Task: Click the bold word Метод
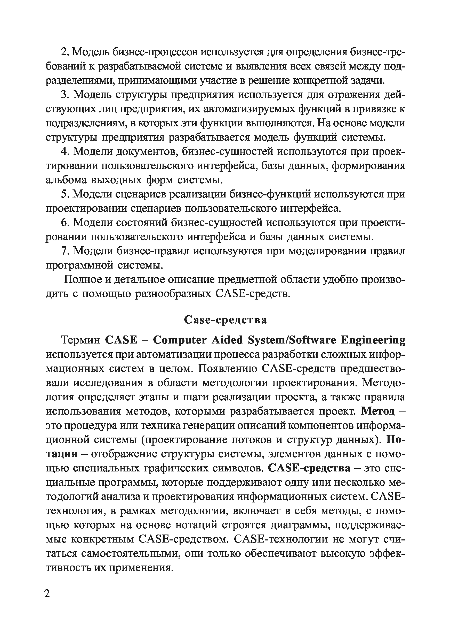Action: pos(378,411)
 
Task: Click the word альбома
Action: pos(66,180)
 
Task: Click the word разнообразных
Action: pos(173,294)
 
